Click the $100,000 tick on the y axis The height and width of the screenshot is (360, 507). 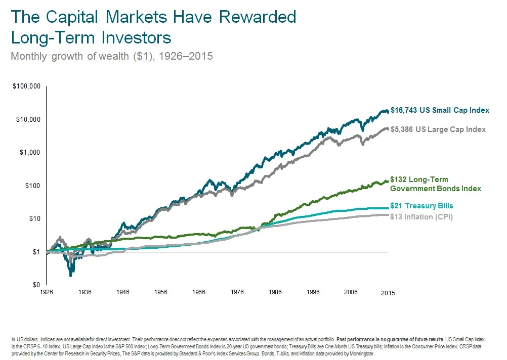[26, 87]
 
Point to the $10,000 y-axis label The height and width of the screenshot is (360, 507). [28, 120]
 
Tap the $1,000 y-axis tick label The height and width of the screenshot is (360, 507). [29, 153]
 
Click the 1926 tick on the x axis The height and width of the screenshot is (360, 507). [47, 292]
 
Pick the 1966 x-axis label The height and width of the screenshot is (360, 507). [199, 292]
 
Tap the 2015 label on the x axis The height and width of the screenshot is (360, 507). [388, 293]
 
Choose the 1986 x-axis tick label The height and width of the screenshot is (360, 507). [275, 292]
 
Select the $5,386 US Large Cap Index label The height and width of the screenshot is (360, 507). [438, 129]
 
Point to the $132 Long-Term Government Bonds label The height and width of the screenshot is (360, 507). [435, 184]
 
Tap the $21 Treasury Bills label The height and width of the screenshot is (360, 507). [421, 206]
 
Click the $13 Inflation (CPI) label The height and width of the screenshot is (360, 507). [421, 217]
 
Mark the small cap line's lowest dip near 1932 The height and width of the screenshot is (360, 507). [71, 275]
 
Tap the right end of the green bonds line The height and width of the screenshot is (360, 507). [388, 181]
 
